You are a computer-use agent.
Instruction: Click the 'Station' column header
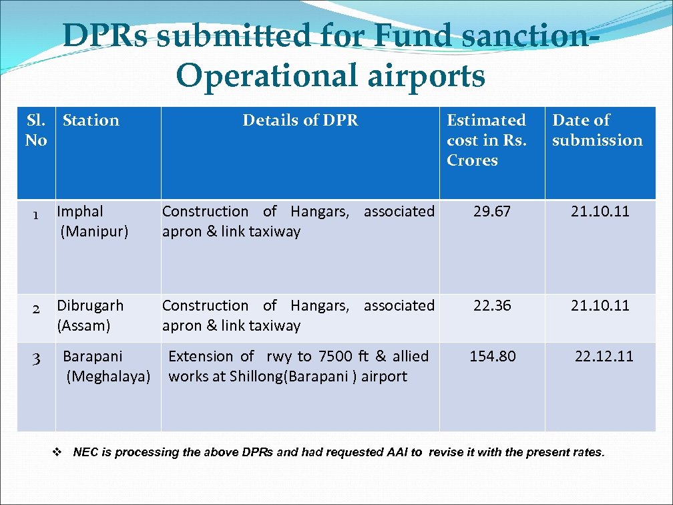tap(91, 121)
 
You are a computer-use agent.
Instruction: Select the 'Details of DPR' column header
tap(300, 121)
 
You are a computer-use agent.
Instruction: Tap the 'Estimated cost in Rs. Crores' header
tap(486, 140)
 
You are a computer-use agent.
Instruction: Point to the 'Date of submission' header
tap(597, 130)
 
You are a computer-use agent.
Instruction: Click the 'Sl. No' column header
tap(36, 130)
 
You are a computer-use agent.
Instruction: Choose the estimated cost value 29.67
tap(491, 212)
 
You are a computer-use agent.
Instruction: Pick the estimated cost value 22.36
tap(491, 306)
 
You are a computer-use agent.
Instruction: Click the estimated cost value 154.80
tap(492, 357)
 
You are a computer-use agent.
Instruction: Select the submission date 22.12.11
tap(604, 357)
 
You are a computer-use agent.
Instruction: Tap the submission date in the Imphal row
tap(600, 212)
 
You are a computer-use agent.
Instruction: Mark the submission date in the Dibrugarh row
tap(600, 306)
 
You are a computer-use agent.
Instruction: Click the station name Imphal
tap(80, 212)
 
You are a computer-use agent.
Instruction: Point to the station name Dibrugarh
tap(90, 306)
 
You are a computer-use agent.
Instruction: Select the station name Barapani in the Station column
tap(92, 357)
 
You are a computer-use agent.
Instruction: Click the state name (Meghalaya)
tap(108, 377)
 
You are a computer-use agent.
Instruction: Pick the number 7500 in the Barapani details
tap(334, 357)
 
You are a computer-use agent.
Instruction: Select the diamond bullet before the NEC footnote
tap(57, 452)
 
